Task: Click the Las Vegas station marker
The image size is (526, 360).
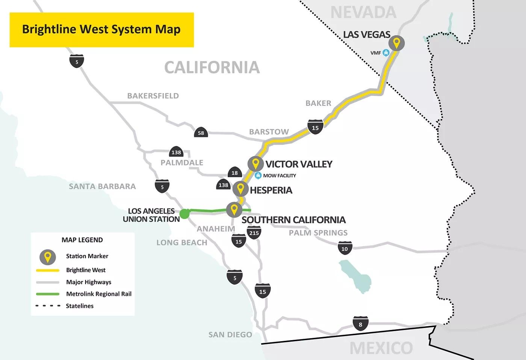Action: (x=396, y=43)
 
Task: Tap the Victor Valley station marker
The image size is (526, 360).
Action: (x=255, y=164)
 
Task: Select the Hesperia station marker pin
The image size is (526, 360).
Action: (x=240, y=188)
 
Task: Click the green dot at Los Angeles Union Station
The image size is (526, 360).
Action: (x=184, y=214)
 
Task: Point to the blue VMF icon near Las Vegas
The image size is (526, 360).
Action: (x=386, y=53)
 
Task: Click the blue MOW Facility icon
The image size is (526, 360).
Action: (x=258, y=175)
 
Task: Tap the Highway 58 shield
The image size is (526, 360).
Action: (x=201, y=133)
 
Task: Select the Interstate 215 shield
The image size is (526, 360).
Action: (x=254, y=233)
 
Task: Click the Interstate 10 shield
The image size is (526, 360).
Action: (x=345, y=248)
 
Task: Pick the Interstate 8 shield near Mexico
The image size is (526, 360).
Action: (x=360, y=324)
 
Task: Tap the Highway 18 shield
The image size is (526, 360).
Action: (x=234, y=173)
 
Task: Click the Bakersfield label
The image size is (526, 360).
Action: (x=153, y=96)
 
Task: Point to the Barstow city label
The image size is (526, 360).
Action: (x=269, y=132)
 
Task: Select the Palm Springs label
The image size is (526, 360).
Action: (x=318, y=233)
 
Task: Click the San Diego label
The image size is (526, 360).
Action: (x=230, y=334)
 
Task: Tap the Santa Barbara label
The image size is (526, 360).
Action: (x=102, y=186)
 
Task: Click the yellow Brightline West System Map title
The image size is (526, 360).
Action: (x=101, y=30)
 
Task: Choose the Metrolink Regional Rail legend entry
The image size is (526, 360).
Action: (x=98, y=294)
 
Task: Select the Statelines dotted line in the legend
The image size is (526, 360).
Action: (x=48, y=306)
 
